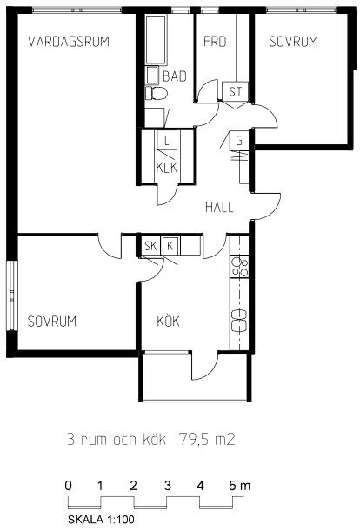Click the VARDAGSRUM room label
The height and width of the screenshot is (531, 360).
coord(69,42)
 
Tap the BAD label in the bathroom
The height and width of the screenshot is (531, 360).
coord(175,76)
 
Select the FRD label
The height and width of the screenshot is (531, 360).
coord(215,42)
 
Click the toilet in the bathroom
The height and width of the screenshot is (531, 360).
coord(157,93)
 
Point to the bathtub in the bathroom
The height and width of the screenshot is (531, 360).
coord(156,39)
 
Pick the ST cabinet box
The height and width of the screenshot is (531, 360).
coord(236,90)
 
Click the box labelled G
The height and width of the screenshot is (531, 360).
coord(240,141)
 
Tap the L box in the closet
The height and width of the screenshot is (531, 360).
coord(166,140)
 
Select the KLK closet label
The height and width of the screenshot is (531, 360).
coord(166,168)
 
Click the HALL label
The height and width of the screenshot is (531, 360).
coord(219,207)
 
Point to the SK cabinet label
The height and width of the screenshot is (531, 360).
coord(150,246)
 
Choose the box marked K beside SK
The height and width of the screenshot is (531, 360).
coord(170,246)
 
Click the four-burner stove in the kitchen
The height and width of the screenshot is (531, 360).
coord(239,267)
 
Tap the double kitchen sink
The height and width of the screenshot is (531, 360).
coord(239,320)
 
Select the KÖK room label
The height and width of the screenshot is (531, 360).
coord(168,321)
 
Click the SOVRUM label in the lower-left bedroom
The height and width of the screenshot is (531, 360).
coord(52,321)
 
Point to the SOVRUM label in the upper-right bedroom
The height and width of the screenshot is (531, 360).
coord(294,42)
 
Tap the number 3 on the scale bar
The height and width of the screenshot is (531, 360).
coord(168,486)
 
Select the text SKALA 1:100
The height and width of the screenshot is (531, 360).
coord(101,519)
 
